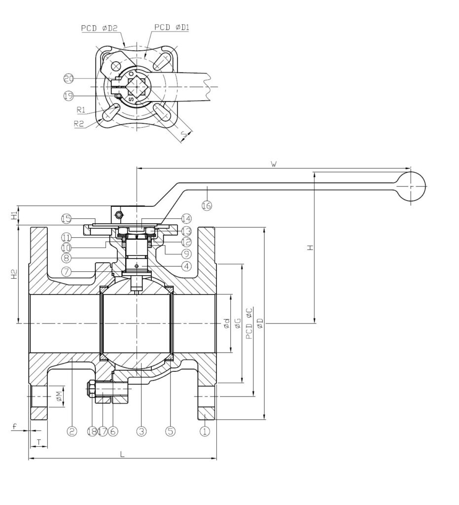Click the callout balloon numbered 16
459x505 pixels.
[x=207, y=206]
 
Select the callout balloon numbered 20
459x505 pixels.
[x=68, y=78]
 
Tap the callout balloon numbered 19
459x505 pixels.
[x=68, y=96]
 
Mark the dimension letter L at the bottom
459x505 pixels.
[x=122, y=454]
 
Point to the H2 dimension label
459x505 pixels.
[x=15, y=274]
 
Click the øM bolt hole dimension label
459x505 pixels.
[x=58, y=396]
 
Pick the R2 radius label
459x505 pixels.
[x=78, y=124]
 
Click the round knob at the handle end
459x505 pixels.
[x=411, y=187]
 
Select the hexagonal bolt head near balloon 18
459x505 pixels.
[x=92, y=390]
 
